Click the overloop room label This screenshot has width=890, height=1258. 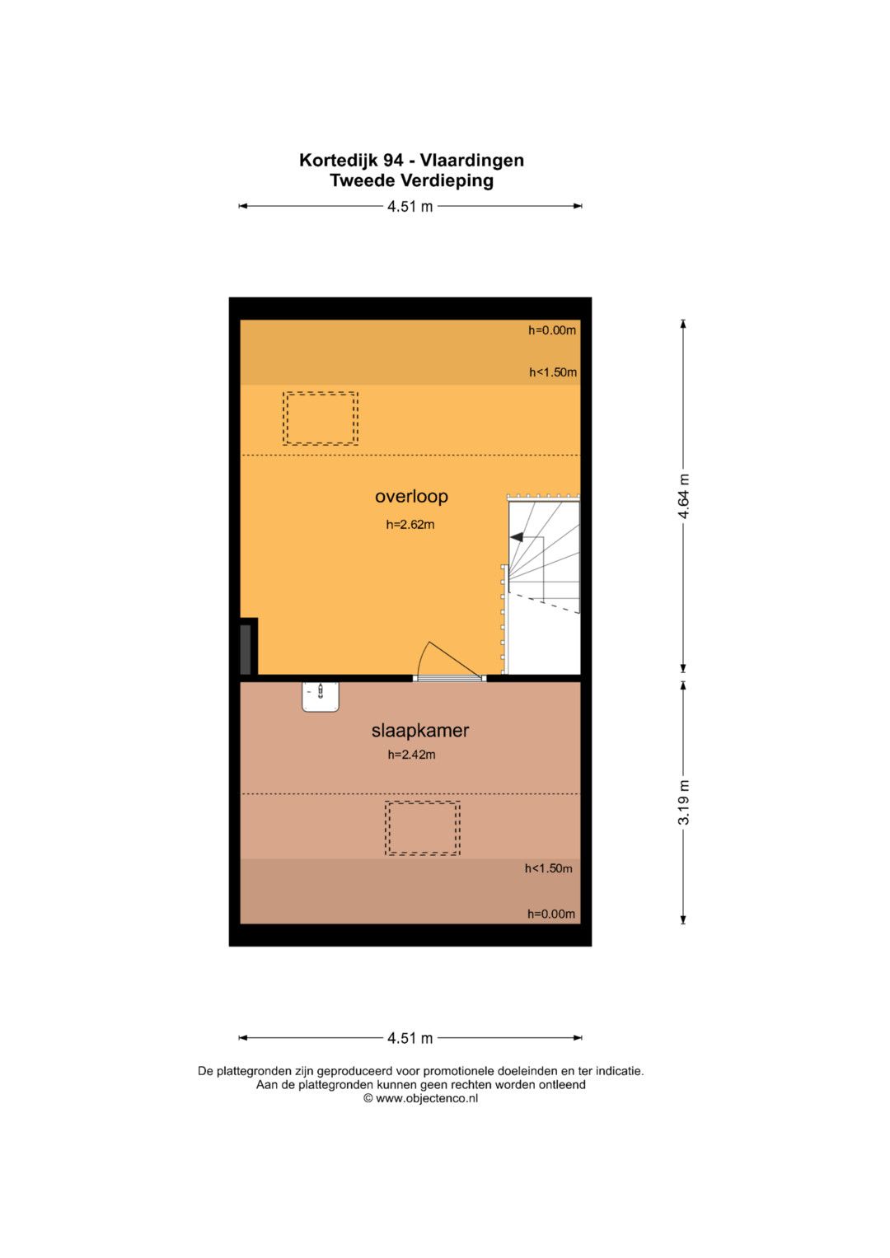411,497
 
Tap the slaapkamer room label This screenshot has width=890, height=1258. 419,730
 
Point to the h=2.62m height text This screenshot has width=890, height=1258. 410,525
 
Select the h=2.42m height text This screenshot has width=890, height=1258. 411,755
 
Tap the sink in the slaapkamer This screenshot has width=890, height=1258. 321,697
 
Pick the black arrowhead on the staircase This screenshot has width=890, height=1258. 517,537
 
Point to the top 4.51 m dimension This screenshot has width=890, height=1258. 410,206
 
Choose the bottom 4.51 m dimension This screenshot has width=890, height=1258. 410,1038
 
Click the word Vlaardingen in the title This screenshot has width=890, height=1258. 472,161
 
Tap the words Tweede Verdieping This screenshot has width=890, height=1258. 411,180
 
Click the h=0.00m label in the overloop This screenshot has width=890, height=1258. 552,330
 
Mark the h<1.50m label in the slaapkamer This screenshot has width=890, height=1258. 548,868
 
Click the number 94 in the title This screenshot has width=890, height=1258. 393,161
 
